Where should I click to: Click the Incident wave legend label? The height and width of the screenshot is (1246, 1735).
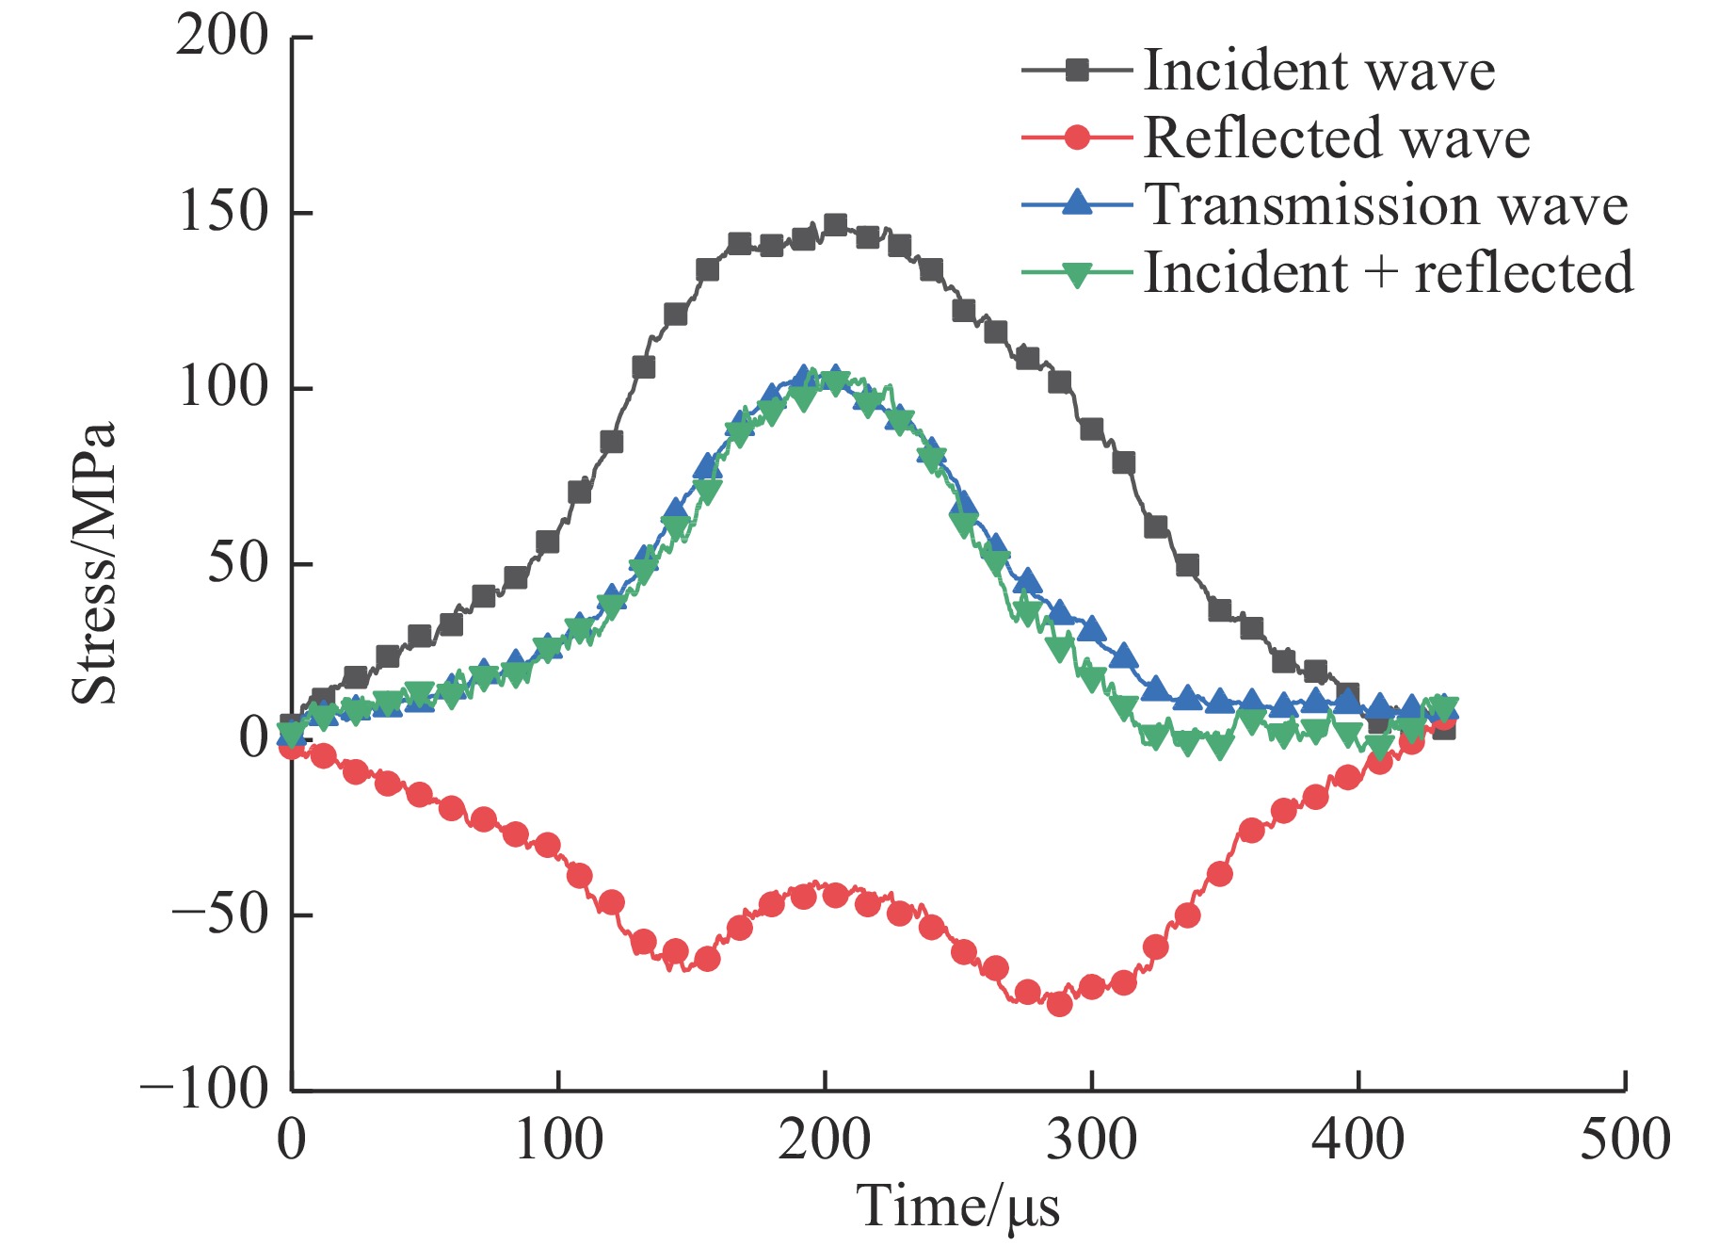pyautogui.click(x=1319, y=71)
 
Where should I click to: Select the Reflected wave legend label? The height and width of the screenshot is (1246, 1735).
pyautogui.click(x=1337, y=138)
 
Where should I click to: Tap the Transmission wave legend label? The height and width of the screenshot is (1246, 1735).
pyautogui.click(x=1386, y=205)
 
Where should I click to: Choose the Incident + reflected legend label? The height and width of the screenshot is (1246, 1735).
pyautogui.click(x=1389, y=273)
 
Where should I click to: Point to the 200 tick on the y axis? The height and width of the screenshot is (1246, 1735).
pyautogui.click(x=222, y=38)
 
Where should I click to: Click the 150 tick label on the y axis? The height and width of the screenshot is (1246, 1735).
pyautogui.click(x=222, y=213)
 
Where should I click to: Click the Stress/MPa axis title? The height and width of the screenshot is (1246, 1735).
pyautogui.click(x=94, y=563)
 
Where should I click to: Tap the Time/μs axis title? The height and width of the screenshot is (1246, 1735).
pyautogui.click(x=957, y=1207)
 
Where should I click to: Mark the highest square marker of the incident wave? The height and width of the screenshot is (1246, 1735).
pyautogui.click(x=835, y=224)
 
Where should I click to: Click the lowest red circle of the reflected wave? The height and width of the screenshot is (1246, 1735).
pyautogui.click(x=1059, y=1004)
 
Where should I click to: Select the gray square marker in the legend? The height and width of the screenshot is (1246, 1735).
pyautogui.click(x=1077, y=70)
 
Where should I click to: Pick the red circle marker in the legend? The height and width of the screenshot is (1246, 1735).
pyautogui.click(x=1077, y=138)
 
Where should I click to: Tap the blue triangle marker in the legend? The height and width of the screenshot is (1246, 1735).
pyautogui.click(x=1077, y=203)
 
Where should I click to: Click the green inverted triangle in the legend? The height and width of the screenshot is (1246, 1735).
pyautogui.click(x=1077, y=275)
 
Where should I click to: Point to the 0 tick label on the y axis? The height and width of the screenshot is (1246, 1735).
pyautogui.click(x=254, y=738)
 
